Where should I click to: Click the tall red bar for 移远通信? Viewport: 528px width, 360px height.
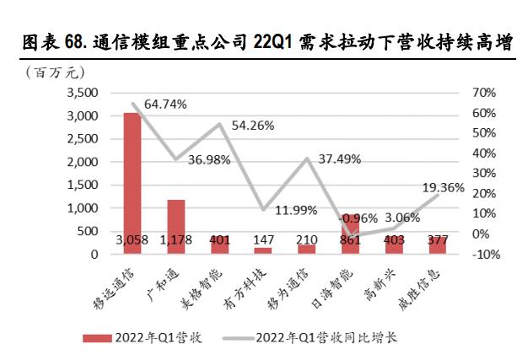pos(132,177)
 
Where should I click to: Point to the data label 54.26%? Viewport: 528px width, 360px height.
pos(252,125)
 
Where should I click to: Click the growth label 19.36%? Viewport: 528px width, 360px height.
pos(442,188)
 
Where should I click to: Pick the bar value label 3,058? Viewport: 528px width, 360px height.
pos(132,240)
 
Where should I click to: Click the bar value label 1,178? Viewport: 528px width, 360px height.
pos(175,240)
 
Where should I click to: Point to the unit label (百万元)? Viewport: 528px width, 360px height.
pos(50,70)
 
